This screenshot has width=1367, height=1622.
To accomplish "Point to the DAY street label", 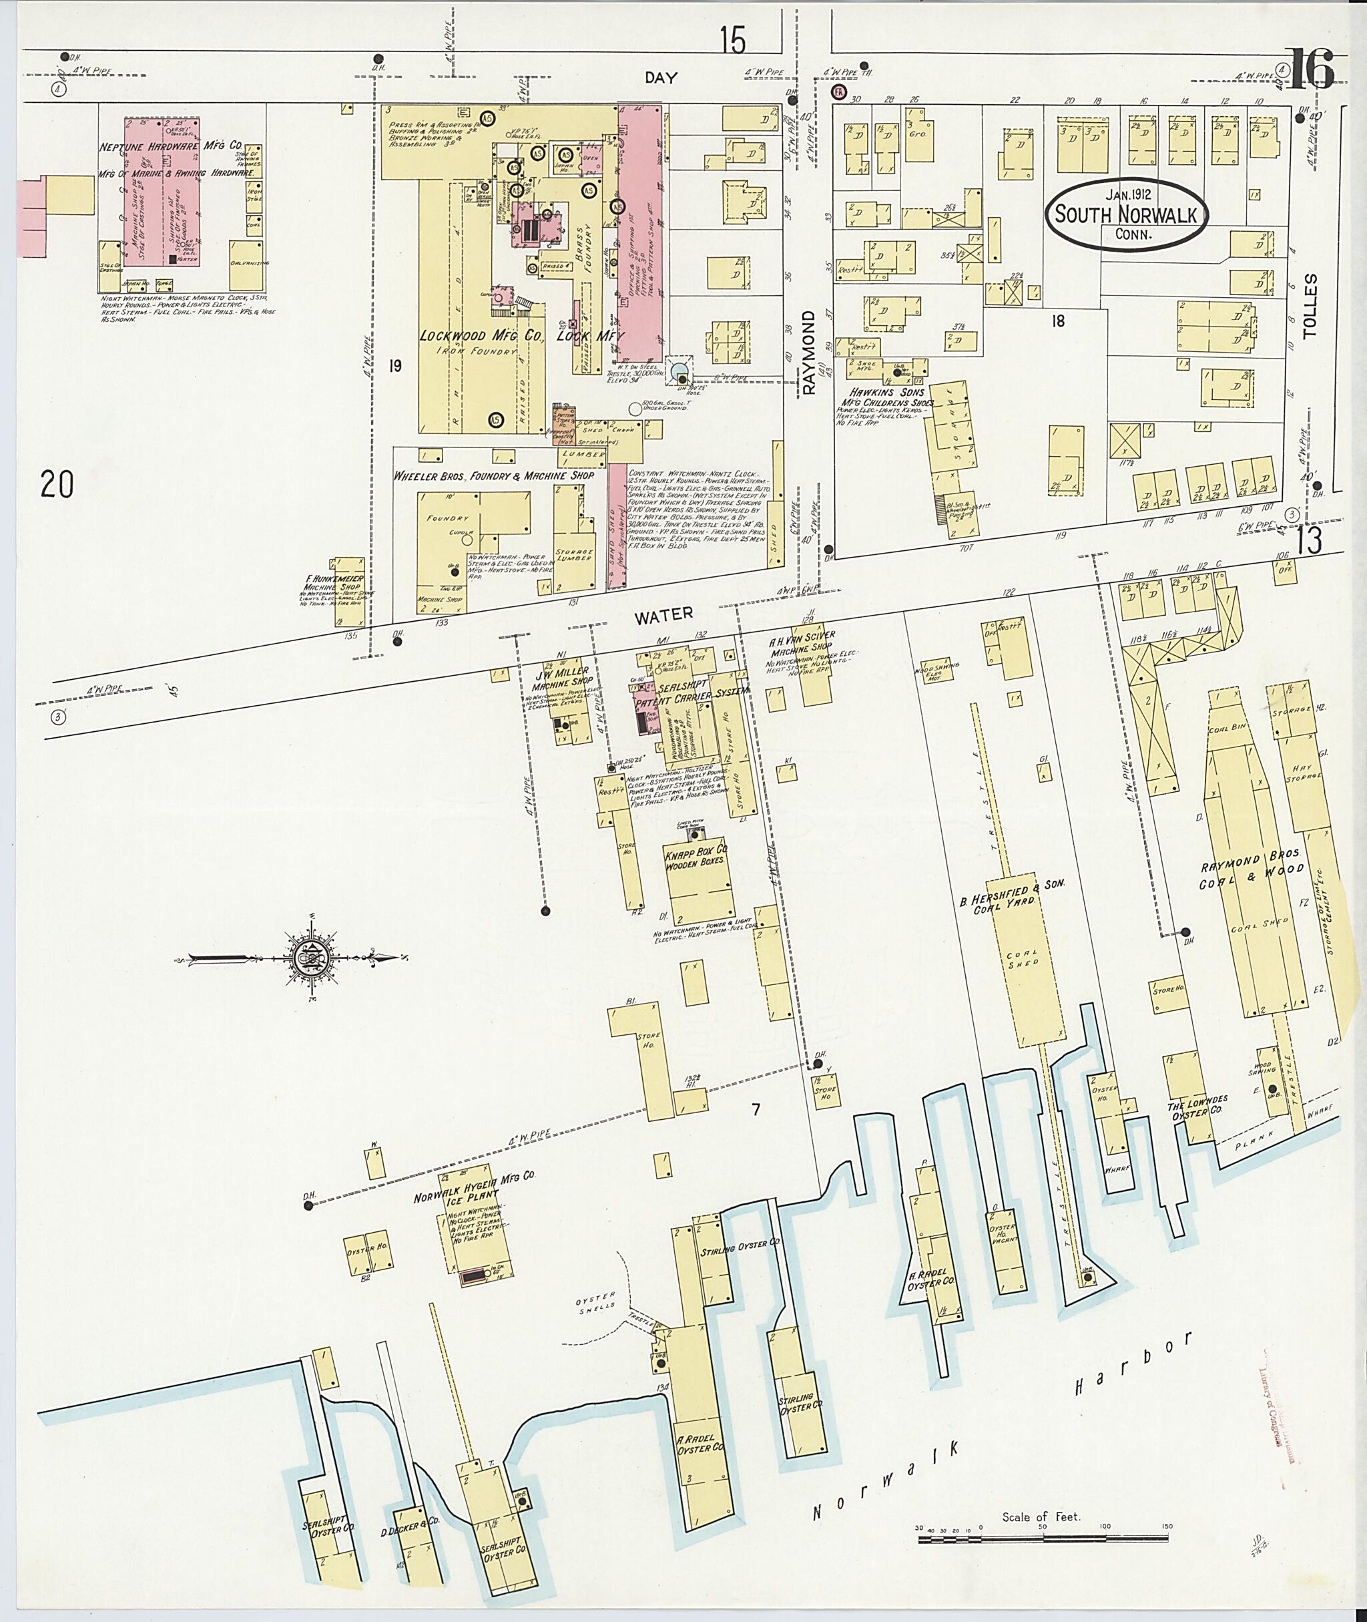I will (x=660, y=77).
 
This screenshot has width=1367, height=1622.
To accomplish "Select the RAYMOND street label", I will (x=809, y=353).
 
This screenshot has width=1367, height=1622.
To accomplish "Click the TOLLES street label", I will (x=1310, y=307).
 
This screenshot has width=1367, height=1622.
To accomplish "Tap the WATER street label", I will (x=663, y=614).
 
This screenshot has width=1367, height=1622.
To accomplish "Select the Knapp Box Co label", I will (x=695, y=855).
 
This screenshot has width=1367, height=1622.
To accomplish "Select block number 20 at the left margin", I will (x=57, y=485).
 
